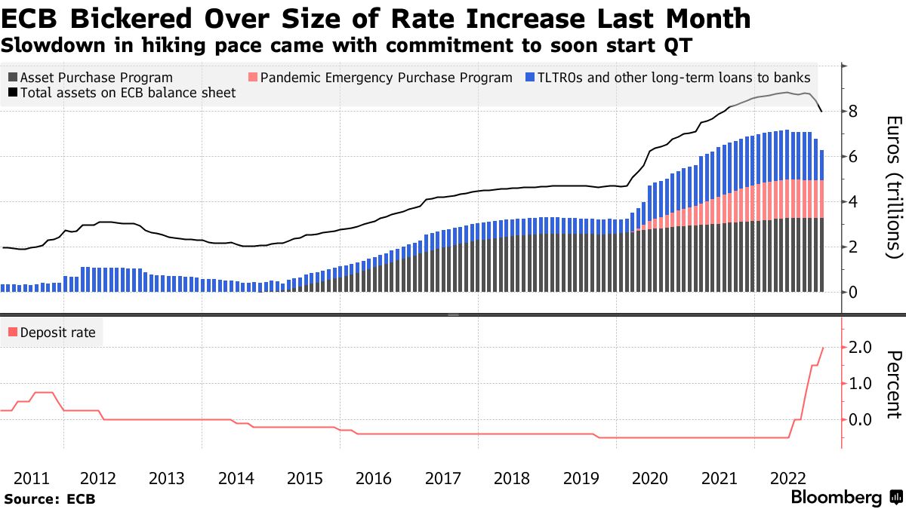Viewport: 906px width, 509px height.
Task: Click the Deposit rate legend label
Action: tap(57, 332)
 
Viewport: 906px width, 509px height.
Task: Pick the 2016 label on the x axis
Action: tap(374, 478)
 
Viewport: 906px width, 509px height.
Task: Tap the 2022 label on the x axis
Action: tap(787, 478)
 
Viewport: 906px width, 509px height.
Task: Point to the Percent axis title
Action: tap(894, 384)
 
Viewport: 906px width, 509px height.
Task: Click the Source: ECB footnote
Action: tap(50, 498)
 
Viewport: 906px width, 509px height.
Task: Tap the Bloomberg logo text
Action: tap(836, 498)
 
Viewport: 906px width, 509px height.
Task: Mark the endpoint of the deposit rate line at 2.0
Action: tap(822, 348)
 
